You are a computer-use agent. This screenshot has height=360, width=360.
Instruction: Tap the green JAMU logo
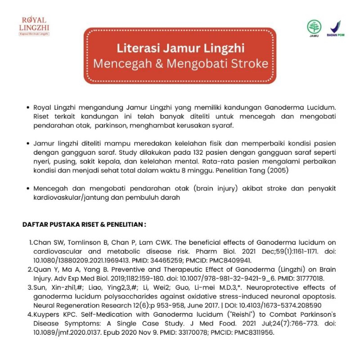pos(315,28)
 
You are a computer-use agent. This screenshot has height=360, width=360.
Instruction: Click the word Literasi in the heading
pos(139,48)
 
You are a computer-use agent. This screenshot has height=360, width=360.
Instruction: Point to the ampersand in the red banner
pos(157,63)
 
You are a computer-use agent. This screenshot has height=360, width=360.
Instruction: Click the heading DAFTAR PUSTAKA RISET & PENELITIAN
pos(84,224)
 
